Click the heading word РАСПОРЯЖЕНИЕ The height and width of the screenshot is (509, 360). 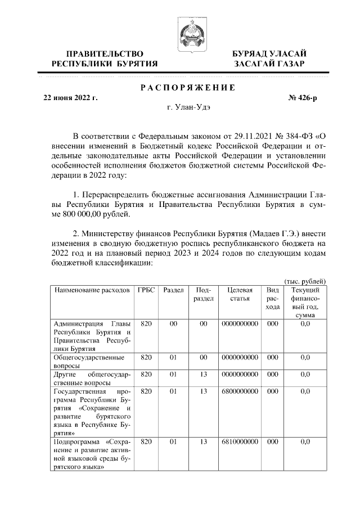click(x=187, y=87)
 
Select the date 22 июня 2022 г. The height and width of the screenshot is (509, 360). click(x=71, y=97)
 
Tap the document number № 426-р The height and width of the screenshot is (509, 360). click(x=303, y=97)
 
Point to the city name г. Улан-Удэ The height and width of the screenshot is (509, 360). click(x=187, y=107)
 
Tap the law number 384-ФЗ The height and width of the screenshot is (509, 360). click(x=294, y=136)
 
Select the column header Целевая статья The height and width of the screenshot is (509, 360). click(x=240, y=294)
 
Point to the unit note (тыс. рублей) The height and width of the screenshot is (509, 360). click(x=303, y=281)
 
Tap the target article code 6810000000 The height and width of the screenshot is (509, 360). click(x=240, y=442)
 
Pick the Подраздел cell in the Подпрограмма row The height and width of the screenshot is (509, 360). click(x=203, y=442)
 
